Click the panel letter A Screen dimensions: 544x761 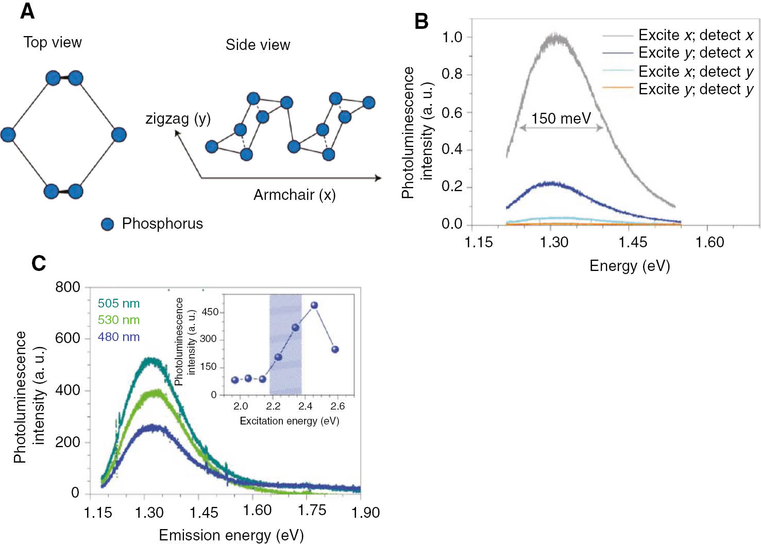(27, 11)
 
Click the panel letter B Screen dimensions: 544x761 (421, 21)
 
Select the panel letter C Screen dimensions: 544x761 (39, 263)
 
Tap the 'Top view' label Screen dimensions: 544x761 (53, 42)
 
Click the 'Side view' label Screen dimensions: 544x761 (258, 45)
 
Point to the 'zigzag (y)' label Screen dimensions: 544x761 (178, 118)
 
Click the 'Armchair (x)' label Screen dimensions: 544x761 (294, 195)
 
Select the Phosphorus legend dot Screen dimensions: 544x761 (107, 224)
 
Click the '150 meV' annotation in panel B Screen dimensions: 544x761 (561, 118)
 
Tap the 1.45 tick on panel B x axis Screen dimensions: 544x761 (633, 242)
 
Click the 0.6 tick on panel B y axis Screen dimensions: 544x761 (452, 112)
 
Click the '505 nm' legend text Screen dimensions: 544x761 (119, 303)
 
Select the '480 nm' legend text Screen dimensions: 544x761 (119, 337)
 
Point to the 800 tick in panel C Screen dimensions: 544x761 (67, 287)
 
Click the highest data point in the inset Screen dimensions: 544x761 (314, 305)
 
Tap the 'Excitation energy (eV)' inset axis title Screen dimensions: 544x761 (289, 421)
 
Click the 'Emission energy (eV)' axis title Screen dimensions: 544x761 (231, 535)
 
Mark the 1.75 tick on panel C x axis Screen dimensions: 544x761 (312, 510)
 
